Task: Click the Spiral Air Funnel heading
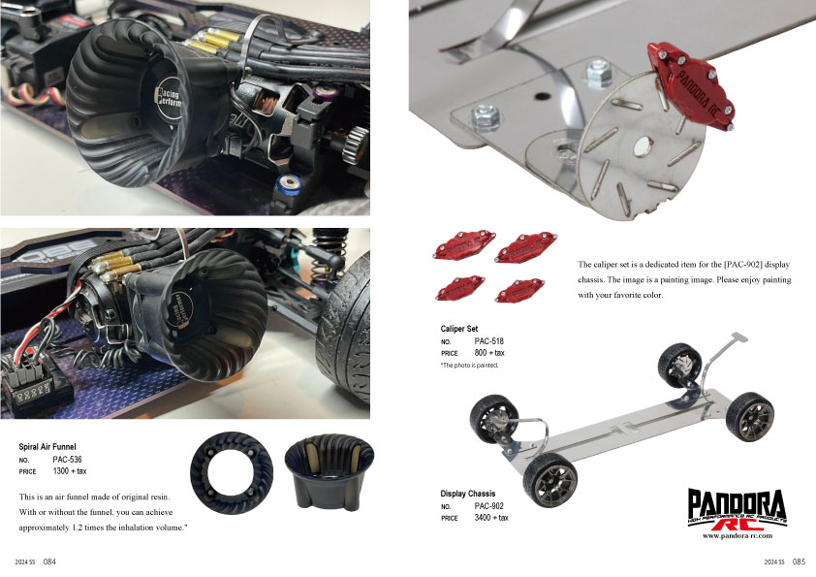pos(47,447)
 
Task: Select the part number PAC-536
pos(67,460)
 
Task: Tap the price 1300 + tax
pos(70,471)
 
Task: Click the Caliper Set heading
pos(459,329)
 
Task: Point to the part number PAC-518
pos(489,341)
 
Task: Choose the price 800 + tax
pos(489,353)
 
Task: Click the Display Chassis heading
pos(468,494)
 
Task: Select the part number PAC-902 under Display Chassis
pos(489,505)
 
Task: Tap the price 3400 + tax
pos(491,518)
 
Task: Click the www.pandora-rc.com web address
pos(738,535)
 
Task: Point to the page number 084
pos(49,561)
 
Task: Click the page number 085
pos(799,561)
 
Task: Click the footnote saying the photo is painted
pos(469,365)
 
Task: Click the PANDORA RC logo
pos(737,509)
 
